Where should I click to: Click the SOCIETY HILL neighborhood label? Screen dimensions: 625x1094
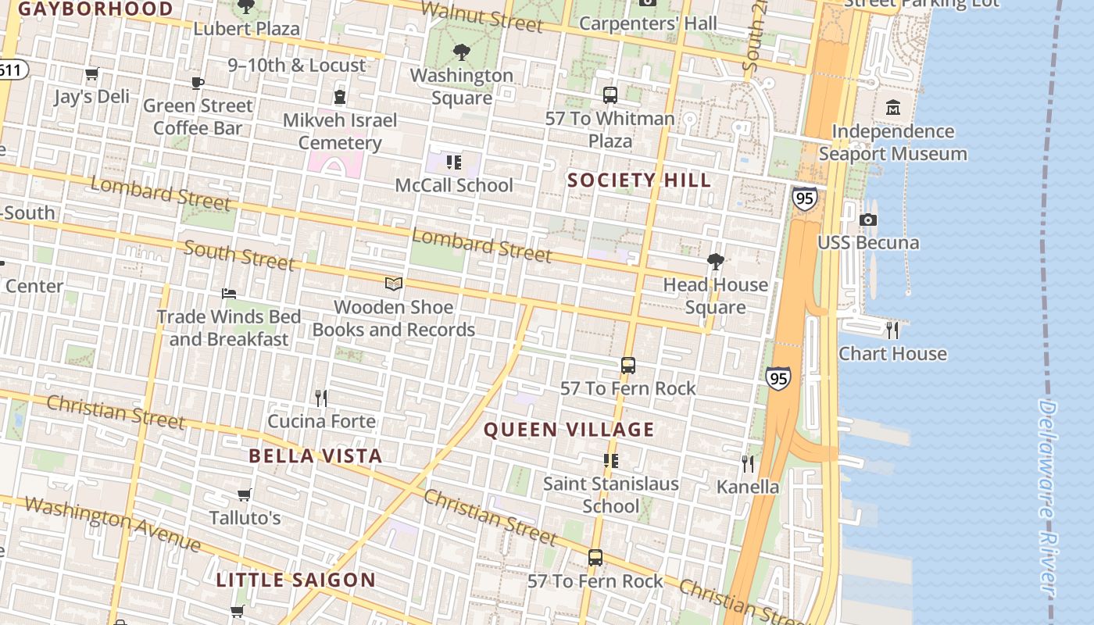tap(639, 180)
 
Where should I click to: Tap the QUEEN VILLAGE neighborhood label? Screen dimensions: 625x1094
tap(569, 430)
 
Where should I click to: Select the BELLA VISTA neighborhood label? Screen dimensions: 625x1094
tap(316, 456)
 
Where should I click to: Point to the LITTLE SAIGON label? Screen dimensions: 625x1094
tap(296, 580)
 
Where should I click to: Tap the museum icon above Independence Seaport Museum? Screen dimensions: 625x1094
tap(892, 108)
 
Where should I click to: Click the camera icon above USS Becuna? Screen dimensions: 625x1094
tap(868, 220)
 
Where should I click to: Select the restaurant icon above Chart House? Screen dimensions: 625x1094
tap(892, 330)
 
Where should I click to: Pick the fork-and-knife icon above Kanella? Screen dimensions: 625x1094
tap(748, 464)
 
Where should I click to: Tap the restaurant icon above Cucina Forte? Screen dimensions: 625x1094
tap(321, 398)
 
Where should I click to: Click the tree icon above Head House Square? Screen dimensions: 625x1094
tap(715, 262)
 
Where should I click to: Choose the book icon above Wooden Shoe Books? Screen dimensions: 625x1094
tap(394, 284)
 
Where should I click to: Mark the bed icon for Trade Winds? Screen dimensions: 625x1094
tap(229, 294)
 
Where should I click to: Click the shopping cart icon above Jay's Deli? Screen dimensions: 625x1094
tap(92, 74)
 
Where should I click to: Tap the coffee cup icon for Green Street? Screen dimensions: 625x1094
tap(198, 83)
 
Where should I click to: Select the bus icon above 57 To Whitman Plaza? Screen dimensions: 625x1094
tap(610, 95)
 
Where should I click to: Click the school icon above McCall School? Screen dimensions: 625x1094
tap(454, 162)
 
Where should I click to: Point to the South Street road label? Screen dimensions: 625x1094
tap(239, 255)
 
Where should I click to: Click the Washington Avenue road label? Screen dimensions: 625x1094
tap(112, 522)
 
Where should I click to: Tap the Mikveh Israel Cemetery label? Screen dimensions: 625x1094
tap(340, 131)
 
